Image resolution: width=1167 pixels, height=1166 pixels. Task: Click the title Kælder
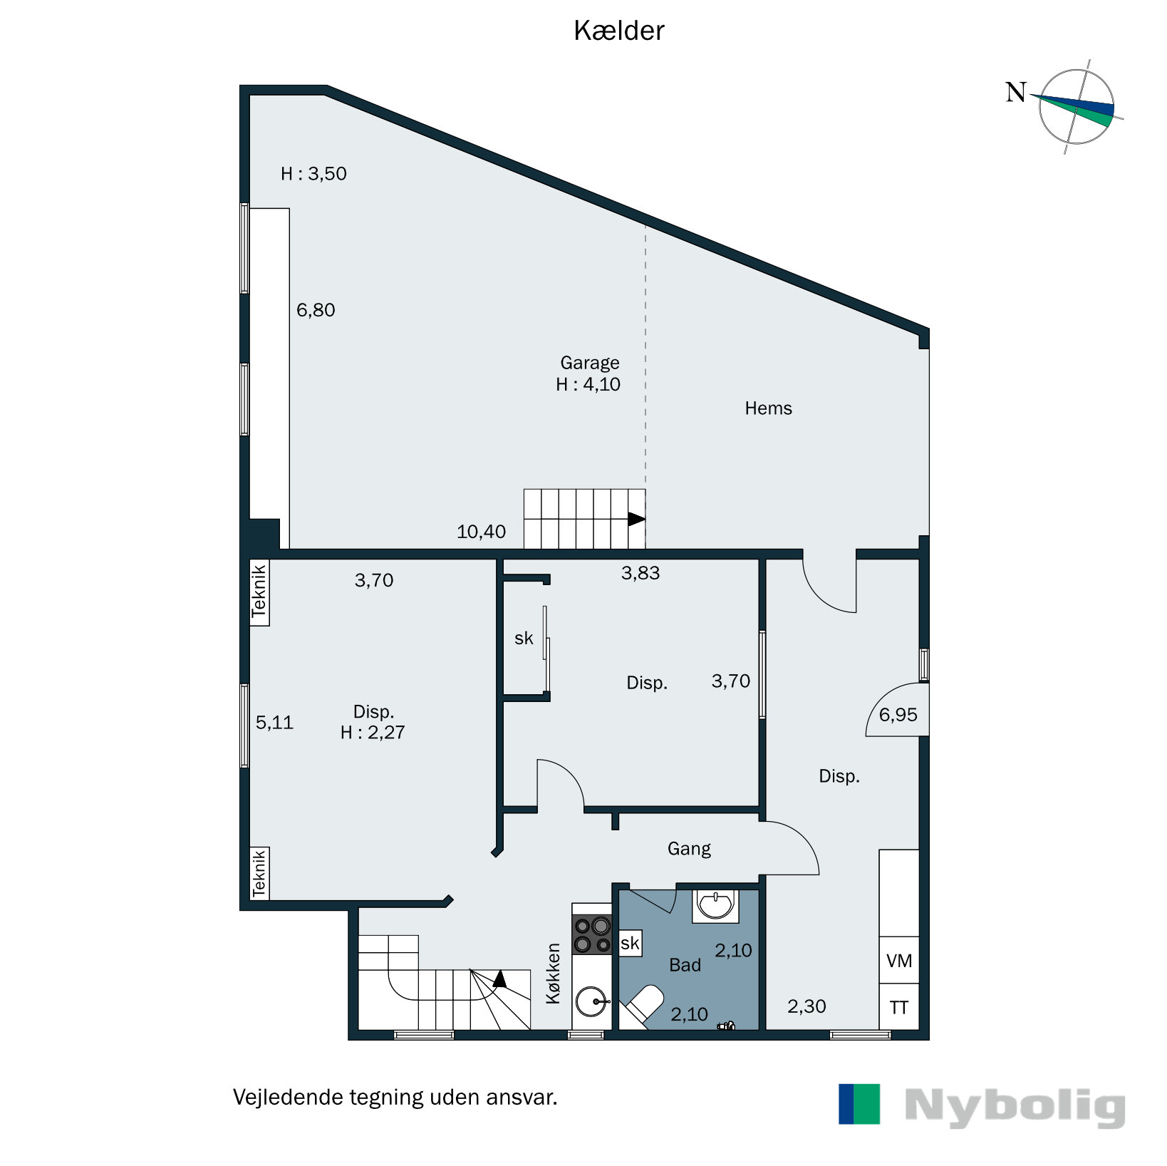618,31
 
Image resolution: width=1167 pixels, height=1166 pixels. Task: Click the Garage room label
589,363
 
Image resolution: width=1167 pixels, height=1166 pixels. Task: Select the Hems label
768,408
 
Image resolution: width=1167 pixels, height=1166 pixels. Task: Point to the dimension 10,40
481,532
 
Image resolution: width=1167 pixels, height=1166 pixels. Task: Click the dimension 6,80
316,310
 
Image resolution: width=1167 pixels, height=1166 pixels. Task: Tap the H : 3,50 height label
313,174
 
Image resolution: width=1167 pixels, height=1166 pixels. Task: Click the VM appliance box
898,961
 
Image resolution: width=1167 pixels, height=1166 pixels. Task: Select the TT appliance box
898,1008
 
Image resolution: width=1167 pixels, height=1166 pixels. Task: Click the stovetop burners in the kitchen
592,934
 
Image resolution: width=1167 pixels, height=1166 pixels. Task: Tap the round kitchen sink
592,1001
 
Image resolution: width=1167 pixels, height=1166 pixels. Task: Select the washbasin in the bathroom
715,905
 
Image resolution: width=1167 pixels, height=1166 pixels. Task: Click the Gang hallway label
689,849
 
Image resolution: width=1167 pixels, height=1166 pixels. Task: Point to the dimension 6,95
898,715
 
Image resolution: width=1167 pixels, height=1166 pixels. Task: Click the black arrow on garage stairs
636,520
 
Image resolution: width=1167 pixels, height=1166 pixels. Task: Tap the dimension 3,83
640,573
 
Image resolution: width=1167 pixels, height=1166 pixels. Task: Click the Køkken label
554,974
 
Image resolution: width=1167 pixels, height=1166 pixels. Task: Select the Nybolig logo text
1015,1106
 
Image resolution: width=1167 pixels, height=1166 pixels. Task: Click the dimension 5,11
274,723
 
